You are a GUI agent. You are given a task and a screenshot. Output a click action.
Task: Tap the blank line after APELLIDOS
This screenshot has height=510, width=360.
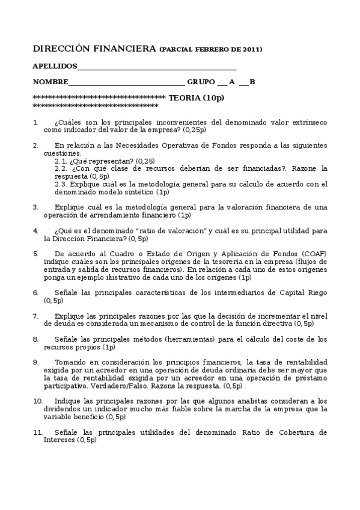pyautogui.click(x=157, y=68)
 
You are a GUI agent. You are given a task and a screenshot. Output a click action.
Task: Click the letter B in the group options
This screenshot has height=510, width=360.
pyautogui.click(x=252, y=82)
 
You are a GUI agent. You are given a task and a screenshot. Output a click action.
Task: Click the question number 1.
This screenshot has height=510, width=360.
pyautogui.click(x=35, y=122)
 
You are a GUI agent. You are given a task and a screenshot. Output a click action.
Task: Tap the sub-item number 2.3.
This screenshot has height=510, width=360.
pyautogui.click(x=61, y=184)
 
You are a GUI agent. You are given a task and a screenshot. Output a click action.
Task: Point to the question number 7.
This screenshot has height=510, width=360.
pyautogui.click(x=35, y=316)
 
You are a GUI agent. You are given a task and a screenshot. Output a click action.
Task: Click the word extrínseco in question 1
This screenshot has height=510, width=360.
pyautogui.click(x=308, y=122)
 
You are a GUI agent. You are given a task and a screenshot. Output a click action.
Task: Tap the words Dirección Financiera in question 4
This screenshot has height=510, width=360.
pyautogui.click(x=88, y=238)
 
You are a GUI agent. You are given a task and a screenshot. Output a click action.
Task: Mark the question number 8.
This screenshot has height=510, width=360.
pyautogui.click(x=35, y=339)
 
